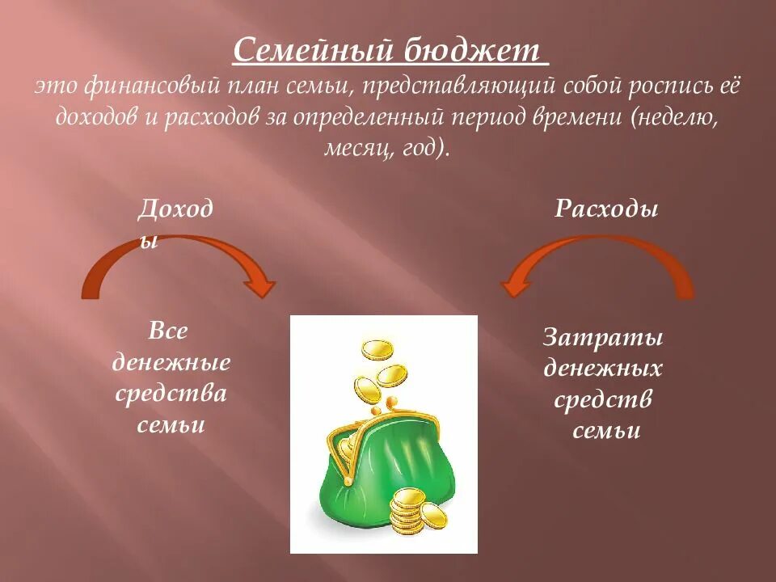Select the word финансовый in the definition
[143, 86]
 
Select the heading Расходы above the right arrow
[606, 209]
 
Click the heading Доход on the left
[175, 209]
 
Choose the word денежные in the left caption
[171, 362]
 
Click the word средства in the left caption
[171, 394]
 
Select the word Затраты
[603, 336]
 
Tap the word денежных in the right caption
[603, 369]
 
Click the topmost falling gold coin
[376, 350]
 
